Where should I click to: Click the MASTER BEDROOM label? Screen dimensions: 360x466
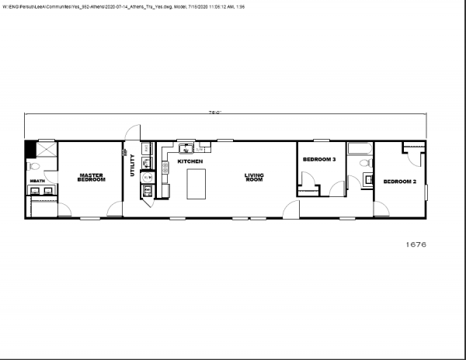92,177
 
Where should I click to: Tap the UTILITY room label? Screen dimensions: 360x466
133,166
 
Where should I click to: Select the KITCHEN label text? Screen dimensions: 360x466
190,161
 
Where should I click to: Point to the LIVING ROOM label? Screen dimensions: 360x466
254,177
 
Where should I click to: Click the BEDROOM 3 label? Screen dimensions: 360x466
318,159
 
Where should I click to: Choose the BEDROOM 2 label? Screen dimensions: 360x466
400,182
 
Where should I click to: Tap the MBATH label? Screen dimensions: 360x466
37,181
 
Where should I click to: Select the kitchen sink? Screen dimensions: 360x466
186,147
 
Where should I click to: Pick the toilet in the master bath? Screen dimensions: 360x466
34,166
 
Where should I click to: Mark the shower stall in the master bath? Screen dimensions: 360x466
46,149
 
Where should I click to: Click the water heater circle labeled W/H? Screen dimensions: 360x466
148,177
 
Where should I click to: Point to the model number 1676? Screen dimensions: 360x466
416,244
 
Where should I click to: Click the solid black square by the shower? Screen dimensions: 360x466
30,148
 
